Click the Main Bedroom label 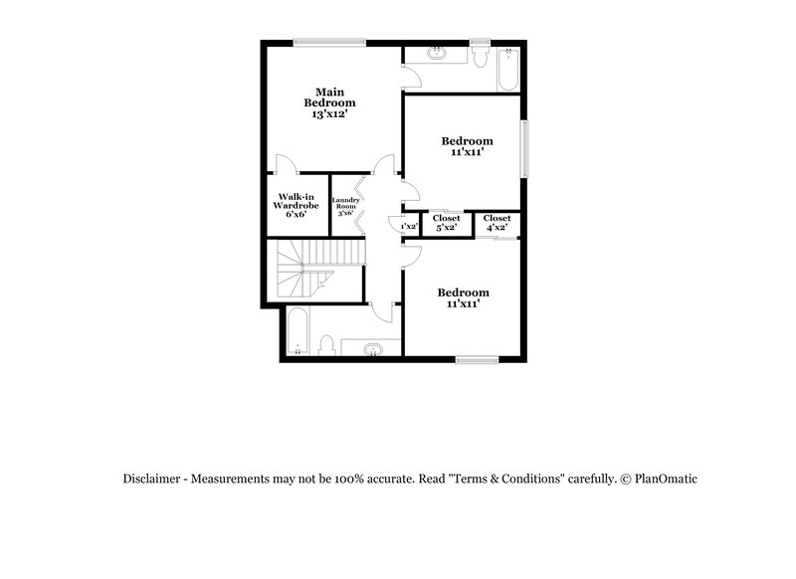(329, 96)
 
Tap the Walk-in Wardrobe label (296, 205)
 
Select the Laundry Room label (345, 206)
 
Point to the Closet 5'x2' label (446, 223)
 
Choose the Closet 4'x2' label (497, 223)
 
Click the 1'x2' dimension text (408, 227)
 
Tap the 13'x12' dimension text (329, 115)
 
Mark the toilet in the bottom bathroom (326, 345)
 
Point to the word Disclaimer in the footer (153, 479)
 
